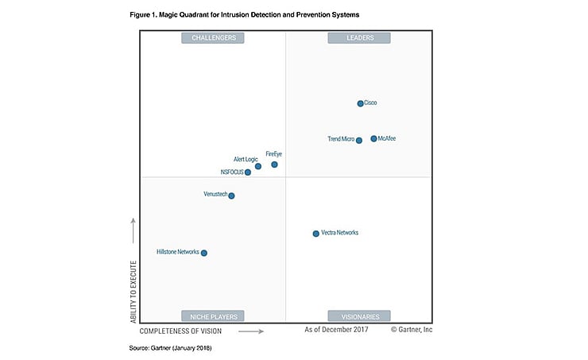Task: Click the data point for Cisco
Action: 360,103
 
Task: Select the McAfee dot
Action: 373,139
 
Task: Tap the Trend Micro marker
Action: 359,141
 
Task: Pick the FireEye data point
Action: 274,165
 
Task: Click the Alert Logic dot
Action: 258,166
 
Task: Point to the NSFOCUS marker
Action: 248,172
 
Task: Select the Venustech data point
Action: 231,195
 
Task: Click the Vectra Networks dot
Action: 315,234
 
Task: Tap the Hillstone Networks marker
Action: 204,253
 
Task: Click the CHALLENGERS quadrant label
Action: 213,37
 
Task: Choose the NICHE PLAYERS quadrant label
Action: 213,315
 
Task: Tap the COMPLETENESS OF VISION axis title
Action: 180,331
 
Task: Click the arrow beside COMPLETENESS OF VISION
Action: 250,331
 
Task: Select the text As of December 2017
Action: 338,329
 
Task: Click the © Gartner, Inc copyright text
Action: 412,329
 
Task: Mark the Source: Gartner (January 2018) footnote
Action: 170,348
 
